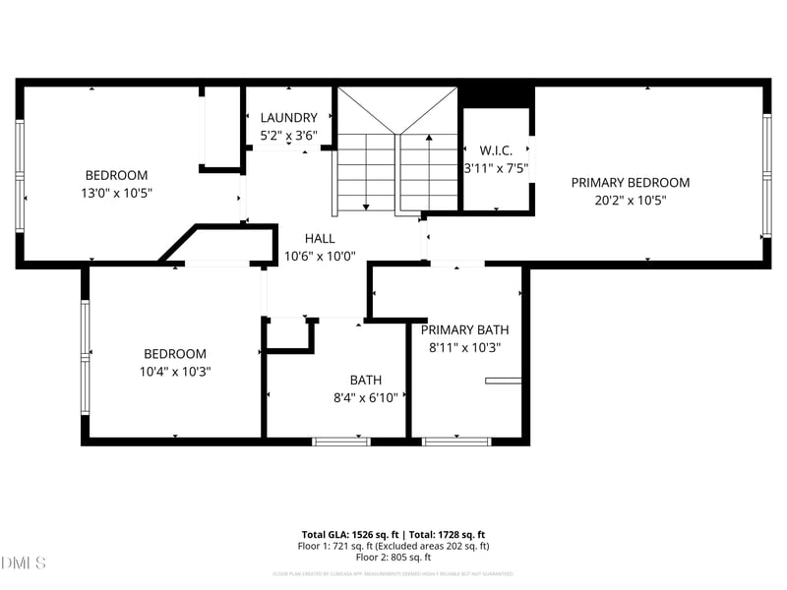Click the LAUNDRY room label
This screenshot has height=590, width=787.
[x=288, y=117]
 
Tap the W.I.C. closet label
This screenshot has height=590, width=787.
[x=496, y=150]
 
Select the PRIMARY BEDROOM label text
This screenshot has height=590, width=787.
[x=630, y=182]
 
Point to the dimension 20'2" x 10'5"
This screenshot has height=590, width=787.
[x=630, y=200]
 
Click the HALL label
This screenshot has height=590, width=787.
[x=320, y=238]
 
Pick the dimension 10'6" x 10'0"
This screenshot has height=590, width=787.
[x=320, y=256]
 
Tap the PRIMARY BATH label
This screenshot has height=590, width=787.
[x=465, y=329]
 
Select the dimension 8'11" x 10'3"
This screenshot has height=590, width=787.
[x=465, y=347]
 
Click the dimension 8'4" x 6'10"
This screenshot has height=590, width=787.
[x=366, y=397]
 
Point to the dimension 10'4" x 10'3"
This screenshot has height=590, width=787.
[x=175, y=372]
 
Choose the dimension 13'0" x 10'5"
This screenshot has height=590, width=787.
[x=116, y=193]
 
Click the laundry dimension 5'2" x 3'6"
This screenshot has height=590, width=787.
[x=288, y=136]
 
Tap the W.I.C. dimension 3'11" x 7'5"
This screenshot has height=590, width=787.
[x=497, y=168]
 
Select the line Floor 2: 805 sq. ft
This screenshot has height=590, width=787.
[x=393, y=557]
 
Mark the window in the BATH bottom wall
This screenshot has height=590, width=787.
[x=341, y=442]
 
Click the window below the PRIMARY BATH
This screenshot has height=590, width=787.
[x=456, y=442]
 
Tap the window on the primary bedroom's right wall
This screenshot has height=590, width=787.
[x=765, y=175]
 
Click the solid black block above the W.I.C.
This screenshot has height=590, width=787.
[x=497, y=95]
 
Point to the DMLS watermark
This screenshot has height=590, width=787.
[x=24, y=562]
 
